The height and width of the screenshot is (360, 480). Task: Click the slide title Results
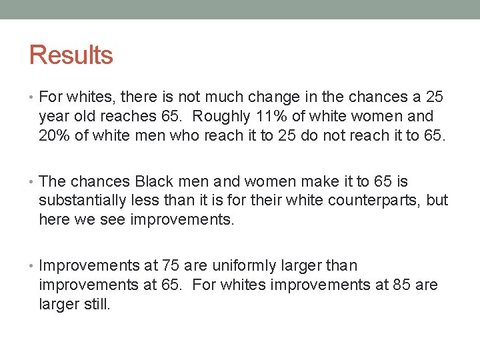pos(71,55)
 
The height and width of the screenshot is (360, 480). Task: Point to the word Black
pos(154,181)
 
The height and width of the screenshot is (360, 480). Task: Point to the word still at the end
pos(97,305)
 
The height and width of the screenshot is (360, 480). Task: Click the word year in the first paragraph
pos(53,116)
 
